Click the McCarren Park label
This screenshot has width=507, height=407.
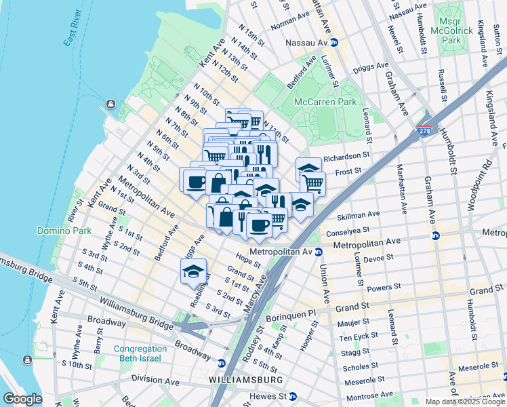(x=325, y=102)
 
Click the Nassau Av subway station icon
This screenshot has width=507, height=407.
(x=334, y=42)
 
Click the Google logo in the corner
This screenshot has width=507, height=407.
(x=22, y=399)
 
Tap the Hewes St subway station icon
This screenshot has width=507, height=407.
(x=292, y=396)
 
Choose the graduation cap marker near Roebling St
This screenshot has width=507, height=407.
(x=193, y=271)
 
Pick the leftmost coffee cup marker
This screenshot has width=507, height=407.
(x=195, y=181)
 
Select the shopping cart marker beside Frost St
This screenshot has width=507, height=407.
(x=312, y=182)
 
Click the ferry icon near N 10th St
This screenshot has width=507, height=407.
(x=110, y=104)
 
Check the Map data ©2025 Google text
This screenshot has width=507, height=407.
(x=464, y=401)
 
